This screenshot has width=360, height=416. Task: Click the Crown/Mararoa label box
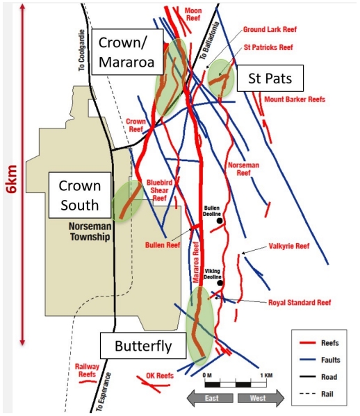(127, 51)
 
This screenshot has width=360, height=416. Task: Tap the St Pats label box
(270, 78)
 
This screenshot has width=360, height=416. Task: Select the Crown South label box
(80, 195)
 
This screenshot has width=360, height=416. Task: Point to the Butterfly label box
(143, 346)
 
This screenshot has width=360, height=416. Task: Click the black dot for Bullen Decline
(220, 220)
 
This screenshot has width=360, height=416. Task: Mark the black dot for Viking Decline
(220, 283)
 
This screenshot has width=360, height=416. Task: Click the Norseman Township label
(90, 231)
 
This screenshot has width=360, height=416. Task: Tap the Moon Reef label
(193, 15)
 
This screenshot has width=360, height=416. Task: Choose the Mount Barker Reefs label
(295, 99)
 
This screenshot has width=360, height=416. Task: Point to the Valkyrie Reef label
(289, 246)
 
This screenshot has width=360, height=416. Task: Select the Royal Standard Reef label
(300, 302)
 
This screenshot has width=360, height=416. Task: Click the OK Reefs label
(160, 376)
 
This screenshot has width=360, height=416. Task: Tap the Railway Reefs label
(87, 370)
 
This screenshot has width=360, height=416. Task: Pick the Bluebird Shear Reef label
(159, 190)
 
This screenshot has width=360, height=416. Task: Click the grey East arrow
(210, 398)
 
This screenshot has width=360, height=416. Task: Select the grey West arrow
(261, 398)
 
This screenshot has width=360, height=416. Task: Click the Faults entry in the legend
(320, 360)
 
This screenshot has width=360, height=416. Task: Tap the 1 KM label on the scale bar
(266, 376)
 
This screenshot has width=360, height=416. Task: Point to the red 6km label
(13, 178)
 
